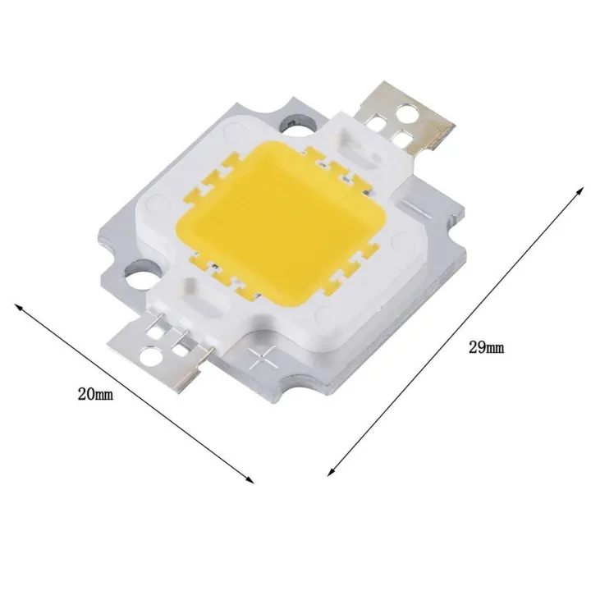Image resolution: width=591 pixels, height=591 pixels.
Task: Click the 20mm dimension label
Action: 94,395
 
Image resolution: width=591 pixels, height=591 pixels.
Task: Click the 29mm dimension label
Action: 486,348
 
